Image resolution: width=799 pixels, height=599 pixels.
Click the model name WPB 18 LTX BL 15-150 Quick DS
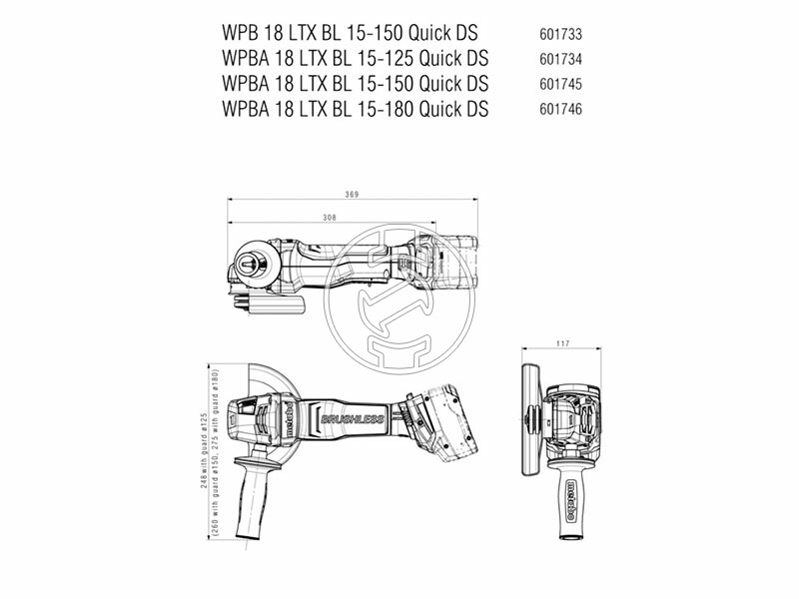[x=349, y=32]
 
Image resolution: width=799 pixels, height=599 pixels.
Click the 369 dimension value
[x=350, y=194]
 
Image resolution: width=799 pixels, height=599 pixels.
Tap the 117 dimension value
[x=562, y=344]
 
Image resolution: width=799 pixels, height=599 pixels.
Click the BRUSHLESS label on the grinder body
[x=352, y=419]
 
